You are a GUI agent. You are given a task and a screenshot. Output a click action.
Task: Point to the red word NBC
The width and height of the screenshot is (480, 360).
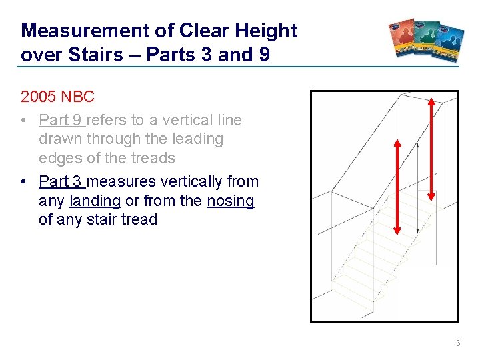(x=77, y=97)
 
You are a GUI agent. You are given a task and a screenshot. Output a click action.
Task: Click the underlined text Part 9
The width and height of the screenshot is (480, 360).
(x=61, y=120)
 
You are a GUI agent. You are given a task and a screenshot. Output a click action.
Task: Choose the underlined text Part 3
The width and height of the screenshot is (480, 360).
(x=61, y=181)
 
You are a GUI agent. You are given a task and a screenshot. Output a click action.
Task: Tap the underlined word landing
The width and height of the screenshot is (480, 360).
(x=95, y=200)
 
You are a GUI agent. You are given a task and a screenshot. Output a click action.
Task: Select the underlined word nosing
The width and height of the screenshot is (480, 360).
(x=231, y=200)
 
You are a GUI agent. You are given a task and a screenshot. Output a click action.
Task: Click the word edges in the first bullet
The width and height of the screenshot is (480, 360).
(x=59, y=158)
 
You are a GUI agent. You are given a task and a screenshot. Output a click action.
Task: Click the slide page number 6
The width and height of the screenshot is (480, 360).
(x=458, y=343)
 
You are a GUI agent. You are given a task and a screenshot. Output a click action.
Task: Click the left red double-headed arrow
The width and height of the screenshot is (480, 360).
(x=397, y=187)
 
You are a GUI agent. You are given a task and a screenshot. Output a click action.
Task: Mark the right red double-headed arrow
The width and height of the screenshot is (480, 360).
(x=431, y=149)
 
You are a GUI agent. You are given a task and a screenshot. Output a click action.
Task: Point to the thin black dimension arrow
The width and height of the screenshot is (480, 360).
(x=417, y=187)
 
